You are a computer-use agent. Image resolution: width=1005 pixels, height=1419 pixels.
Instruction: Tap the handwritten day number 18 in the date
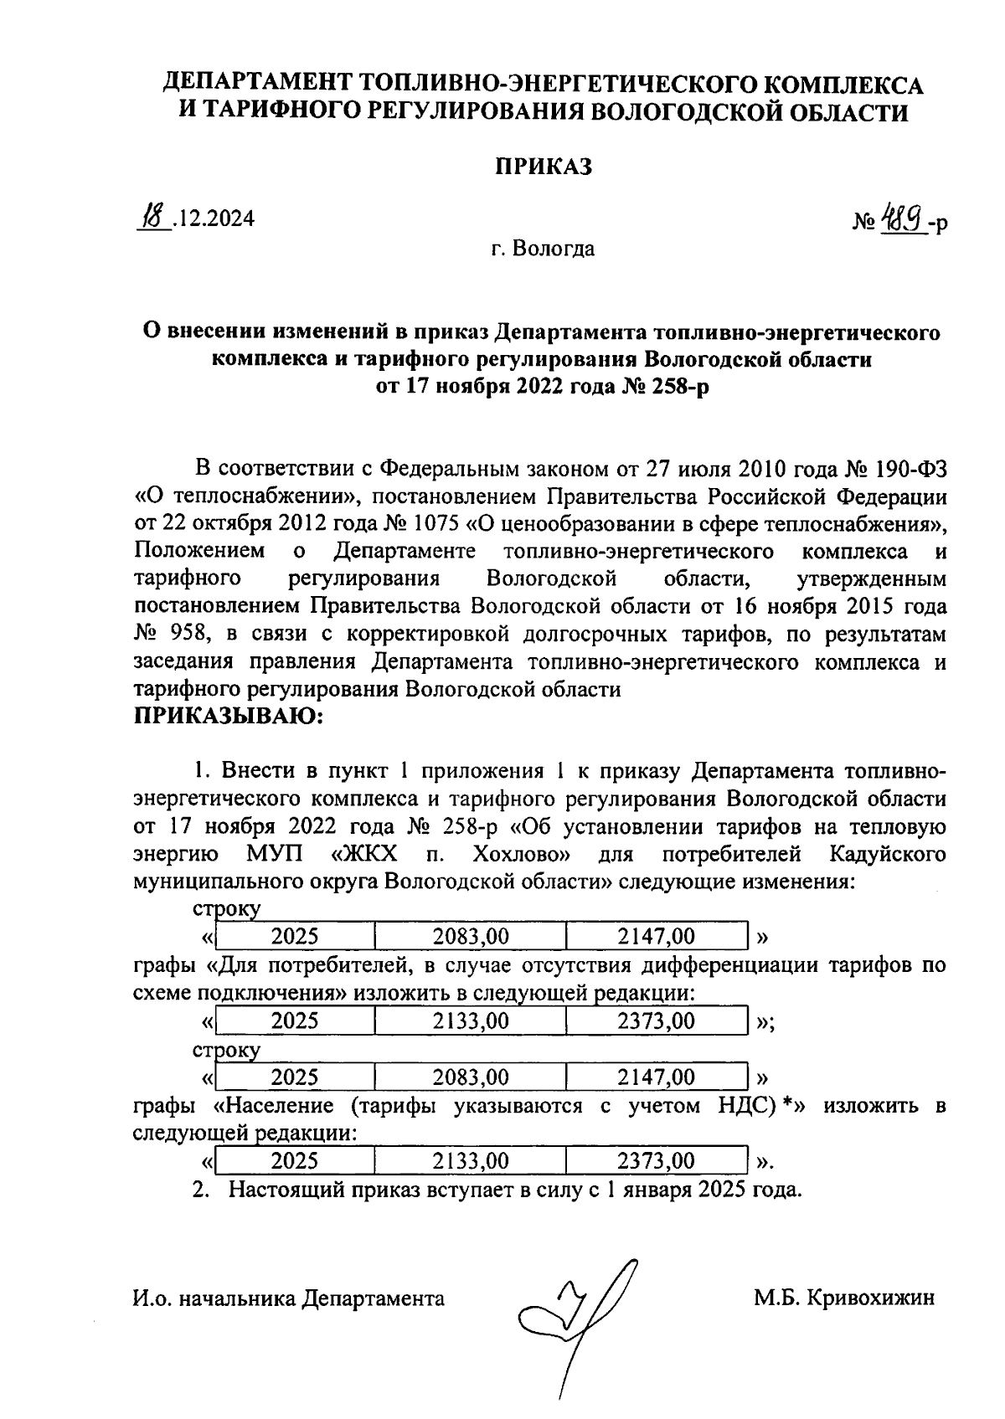click(152, 219)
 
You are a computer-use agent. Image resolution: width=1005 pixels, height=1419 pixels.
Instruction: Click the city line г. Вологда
click(543, 249)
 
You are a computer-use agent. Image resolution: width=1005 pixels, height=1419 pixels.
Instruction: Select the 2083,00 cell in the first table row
click(470, 936)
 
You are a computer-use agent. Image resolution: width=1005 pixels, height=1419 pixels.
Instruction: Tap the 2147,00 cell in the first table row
click(655, 936)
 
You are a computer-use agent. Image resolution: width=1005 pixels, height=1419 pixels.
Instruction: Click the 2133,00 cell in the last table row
click(470, 1161)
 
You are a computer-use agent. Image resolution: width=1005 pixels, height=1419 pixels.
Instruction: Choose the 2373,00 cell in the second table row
click(655, 1021)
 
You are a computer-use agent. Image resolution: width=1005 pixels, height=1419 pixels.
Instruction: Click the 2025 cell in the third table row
click(295, 1077)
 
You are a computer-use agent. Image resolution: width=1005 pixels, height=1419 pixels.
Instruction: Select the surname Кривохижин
click(868, 1298)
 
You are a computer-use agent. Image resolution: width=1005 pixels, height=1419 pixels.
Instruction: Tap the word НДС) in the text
click(745, 1106)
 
